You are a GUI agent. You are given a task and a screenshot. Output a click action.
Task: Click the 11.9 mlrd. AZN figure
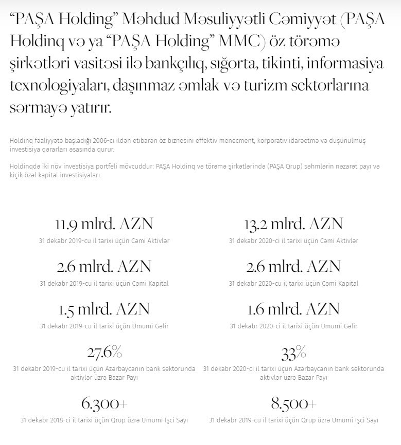tap(104, 225)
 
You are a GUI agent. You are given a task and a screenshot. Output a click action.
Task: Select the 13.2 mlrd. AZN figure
tap(293, 225)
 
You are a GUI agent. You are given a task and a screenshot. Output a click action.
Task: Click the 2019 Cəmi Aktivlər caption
tap(104, 241)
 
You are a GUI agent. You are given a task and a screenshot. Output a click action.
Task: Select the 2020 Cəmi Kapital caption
tap(293, 284)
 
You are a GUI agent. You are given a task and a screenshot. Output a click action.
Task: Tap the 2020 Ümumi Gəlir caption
tap(293, 326)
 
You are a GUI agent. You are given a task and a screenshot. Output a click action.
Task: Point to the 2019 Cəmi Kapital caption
tap(104, 284)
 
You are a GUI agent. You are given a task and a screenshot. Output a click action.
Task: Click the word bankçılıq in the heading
tap(183, 63)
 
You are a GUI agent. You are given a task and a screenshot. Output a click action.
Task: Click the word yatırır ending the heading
tap(92, 108)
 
